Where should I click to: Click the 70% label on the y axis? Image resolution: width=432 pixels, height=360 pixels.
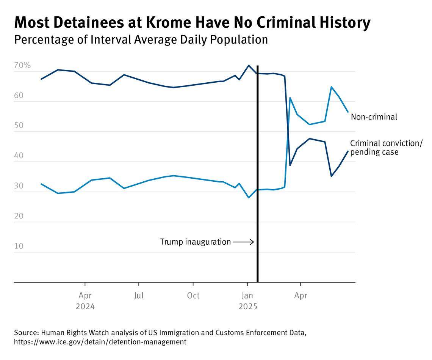pos(22,65)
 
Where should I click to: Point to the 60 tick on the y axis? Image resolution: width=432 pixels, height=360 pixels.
pos(19,96)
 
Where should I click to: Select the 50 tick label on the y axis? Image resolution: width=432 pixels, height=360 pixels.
pos(19,126)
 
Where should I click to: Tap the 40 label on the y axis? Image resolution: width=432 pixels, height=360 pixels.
pos(19,156)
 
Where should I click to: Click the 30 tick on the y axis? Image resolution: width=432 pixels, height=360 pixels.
pos(19,186)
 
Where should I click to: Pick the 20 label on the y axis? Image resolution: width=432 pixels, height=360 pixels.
pos(19,216)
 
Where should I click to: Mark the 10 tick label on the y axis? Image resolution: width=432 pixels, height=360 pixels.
pos(19,246)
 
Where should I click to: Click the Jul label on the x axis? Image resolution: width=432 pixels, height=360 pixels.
pos(139,296)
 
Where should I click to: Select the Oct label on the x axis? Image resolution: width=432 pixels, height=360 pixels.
pos(193,296)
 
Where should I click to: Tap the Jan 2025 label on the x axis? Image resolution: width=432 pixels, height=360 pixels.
pos(247,301)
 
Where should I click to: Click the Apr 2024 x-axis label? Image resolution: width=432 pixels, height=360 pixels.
pos(85,301)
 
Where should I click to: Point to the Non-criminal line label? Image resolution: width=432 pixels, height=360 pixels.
pos(374,117)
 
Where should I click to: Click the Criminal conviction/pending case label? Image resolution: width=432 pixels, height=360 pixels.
pos(386,148)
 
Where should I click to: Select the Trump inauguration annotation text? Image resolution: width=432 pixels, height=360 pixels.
pos(195,242)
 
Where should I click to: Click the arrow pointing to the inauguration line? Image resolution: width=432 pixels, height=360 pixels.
pos(243,242)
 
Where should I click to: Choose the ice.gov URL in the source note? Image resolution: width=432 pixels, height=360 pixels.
pos(100,342)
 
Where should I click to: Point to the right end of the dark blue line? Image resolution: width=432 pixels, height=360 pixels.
pos(348,151)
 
